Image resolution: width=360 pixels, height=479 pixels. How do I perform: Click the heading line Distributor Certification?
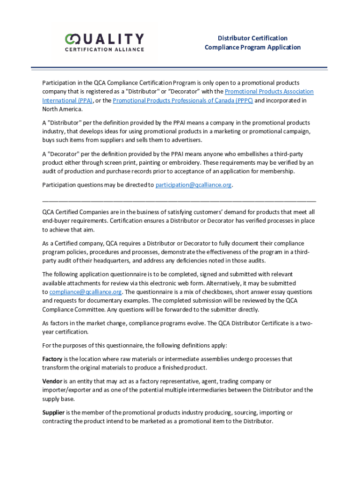(252, 38)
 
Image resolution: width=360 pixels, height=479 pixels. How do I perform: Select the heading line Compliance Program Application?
(252, 47)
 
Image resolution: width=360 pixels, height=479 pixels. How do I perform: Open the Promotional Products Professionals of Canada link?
(182, 101)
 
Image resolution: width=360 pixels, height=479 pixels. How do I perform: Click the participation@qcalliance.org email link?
(194, 185)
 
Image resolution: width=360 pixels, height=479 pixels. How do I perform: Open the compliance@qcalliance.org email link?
(86, 292)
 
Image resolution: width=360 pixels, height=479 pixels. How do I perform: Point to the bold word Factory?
(52, 359)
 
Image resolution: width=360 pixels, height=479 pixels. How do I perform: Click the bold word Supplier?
(53, 412)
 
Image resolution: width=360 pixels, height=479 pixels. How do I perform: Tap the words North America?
(62, 109)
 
